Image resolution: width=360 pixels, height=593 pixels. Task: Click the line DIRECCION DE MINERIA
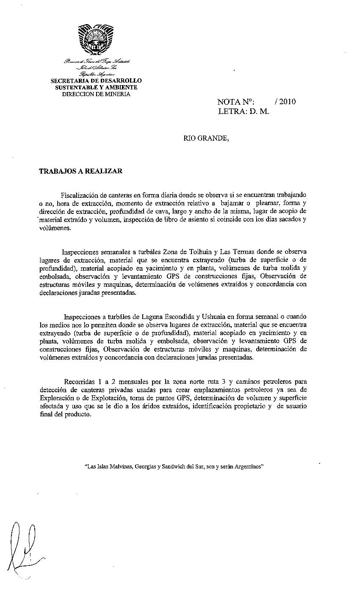point(96,94)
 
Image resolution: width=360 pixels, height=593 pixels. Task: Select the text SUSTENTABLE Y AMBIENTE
point(96,87)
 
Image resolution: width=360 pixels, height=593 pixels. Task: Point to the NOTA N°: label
point(235,102)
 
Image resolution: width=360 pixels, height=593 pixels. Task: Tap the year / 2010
point(285,102)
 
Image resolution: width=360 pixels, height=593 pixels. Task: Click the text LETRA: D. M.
point(244,112)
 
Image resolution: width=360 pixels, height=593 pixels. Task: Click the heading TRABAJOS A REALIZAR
point(80,171)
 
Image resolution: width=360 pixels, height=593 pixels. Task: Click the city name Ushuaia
point(191,317)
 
